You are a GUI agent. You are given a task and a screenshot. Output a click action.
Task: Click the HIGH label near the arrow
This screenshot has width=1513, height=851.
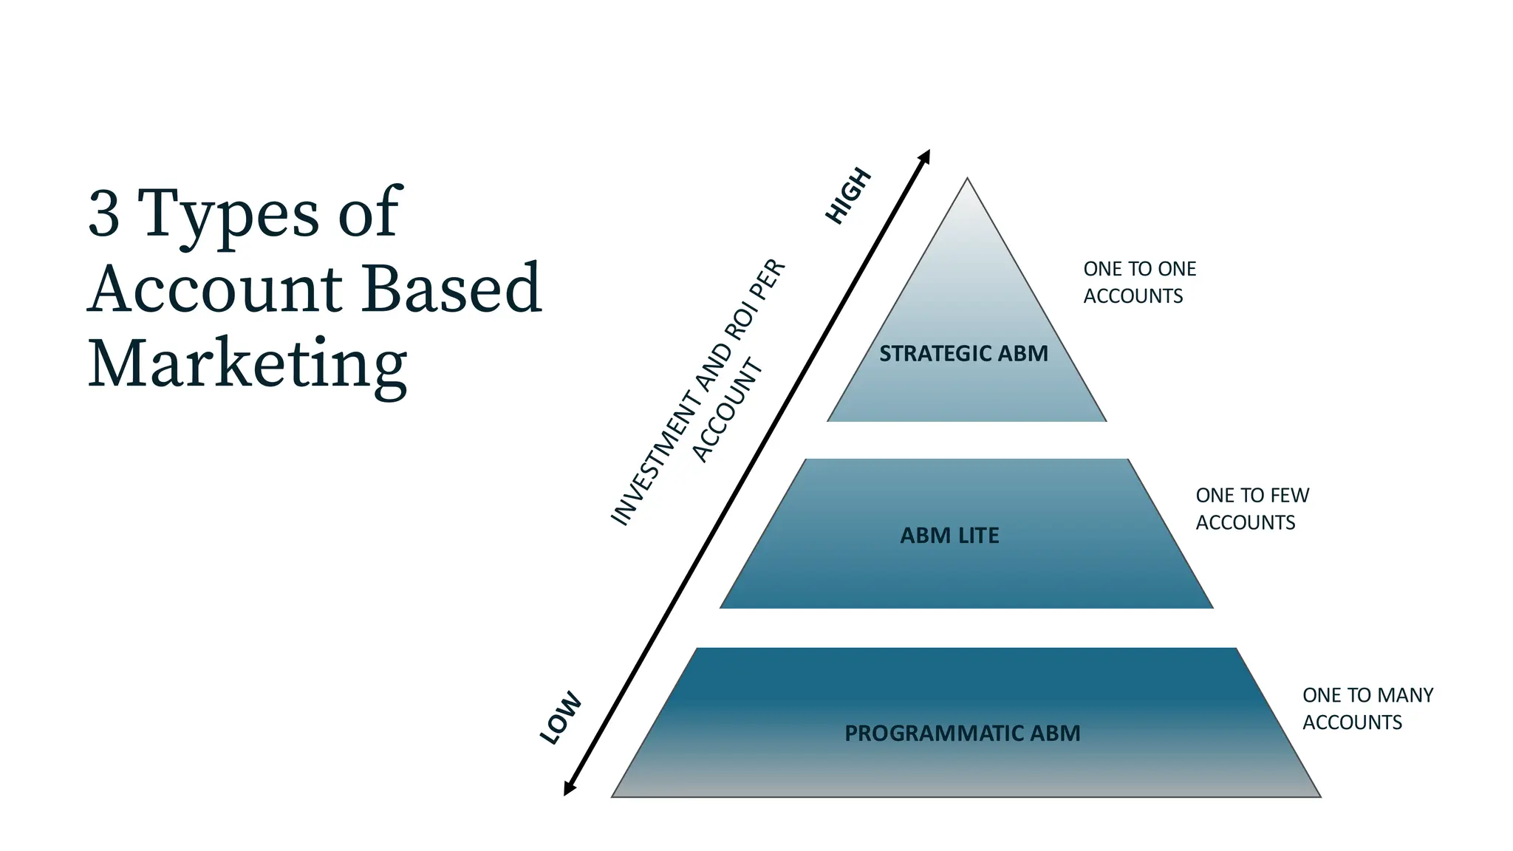pyautogui.click(x=848, y=196)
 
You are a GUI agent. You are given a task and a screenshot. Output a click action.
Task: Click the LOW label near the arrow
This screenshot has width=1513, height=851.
pyautogui.click(x=561, y=718)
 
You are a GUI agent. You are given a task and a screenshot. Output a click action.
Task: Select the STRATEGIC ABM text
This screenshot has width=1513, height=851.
pyautogui.click(x=963, y=354)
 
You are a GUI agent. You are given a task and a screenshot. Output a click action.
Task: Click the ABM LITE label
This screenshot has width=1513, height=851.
pyautogui.click(x=949, y=536)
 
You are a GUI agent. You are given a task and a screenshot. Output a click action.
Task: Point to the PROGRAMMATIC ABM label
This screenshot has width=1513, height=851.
pyautogui.click(x=962, y=734)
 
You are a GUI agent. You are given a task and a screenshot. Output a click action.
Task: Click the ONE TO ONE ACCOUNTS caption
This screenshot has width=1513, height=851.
pyautogui.click(x=1138, y=282)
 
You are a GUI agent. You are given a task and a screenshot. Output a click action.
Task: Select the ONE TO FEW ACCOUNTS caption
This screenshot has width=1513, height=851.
pyautogui.click(x=1251, y=509)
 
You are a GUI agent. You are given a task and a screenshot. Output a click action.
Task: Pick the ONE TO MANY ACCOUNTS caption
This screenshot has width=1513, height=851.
pyautogui.click(x=1367, y=708)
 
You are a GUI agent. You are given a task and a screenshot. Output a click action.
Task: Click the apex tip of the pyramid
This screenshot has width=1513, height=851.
pyautogui.click(x=967, y=180)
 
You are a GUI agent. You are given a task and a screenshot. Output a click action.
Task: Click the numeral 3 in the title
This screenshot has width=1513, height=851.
pyautogui.click(x=103, y=214)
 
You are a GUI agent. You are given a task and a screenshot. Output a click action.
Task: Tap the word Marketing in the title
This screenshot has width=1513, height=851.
pyautogui.click(x=247, y=363)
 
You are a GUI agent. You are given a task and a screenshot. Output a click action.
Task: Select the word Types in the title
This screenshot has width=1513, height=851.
pyautogui.click(x=228, y=214)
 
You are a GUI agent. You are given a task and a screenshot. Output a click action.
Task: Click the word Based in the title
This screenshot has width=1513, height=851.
pyautogui.click(x=451, y=288)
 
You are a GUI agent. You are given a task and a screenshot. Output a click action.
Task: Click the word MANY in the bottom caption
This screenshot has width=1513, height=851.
pyautogui.click(x=1405, y=695)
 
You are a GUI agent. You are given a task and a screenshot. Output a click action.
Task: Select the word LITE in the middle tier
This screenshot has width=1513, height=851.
pyautogui.click(x=979, y=536)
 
